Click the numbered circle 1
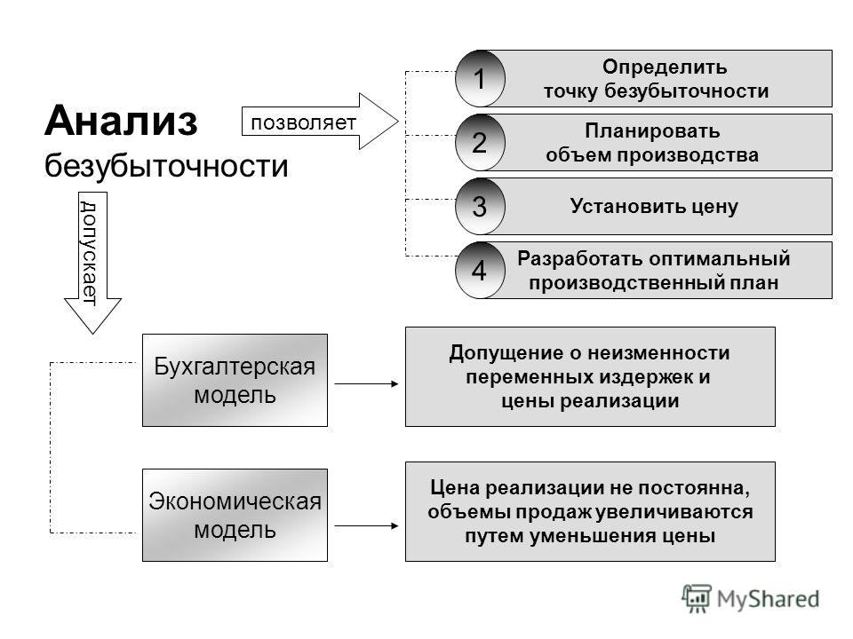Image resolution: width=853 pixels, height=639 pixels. coord(480,78)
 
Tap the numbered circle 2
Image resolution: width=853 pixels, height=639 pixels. coord(480,142)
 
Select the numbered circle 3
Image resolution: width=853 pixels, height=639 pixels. coord(480,206)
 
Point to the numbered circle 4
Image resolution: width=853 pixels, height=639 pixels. coord(480,270)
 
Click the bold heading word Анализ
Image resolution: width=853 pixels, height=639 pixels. coord(121,121)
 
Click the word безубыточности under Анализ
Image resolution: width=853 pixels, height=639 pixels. coord(166,166)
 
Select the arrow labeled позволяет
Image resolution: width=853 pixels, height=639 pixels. coord(320,122)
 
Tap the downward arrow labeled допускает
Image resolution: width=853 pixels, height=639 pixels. coord(92,263)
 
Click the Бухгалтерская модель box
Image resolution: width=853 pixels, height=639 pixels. coord(235,380)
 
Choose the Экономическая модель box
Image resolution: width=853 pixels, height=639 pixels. coord(235,515)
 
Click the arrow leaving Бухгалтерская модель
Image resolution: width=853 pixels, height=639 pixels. coord(366,383)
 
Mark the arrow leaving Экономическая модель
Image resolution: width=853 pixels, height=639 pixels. coord(366,525)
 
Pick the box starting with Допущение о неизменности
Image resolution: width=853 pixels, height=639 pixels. coord(590,376)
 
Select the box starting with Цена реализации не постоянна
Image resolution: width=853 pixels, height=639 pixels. coord(590,511)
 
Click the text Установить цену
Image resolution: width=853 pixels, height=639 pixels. coord(654,207)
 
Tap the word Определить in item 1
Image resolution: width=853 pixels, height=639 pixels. coord(665,67)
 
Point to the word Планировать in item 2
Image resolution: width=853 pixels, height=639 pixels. coord(652,131)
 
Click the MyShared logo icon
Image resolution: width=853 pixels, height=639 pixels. coord(697,599)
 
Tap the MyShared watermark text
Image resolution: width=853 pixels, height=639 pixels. coord(768,599)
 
